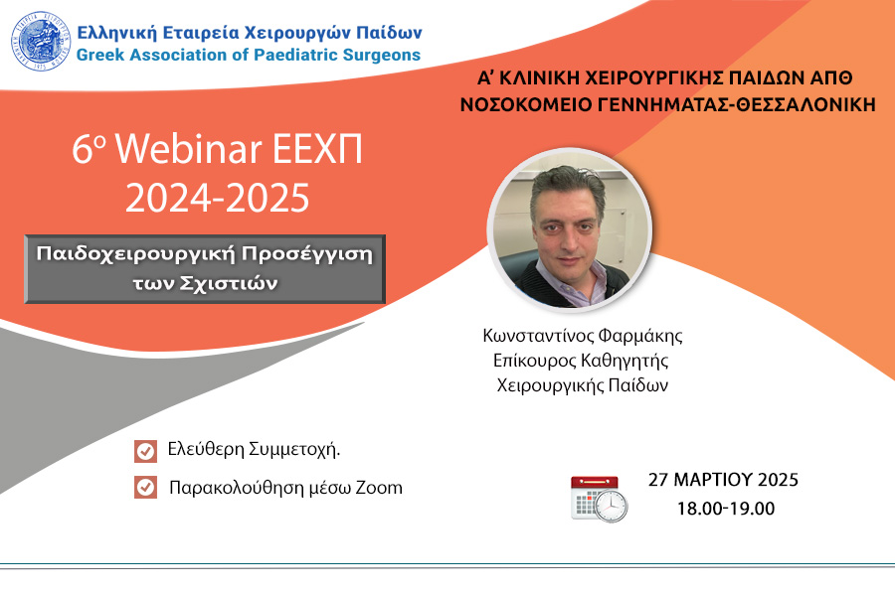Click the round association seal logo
(x=41, y=41)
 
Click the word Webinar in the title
(x=189, y=149)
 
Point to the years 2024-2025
(x=218, y=198)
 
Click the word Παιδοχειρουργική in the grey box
(x=135, y=254)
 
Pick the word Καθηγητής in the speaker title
(x=625, y=361)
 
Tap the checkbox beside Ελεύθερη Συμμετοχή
(x=145, y=451)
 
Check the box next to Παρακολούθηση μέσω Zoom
(x=145, y=488)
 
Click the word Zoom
(x=379, y=488)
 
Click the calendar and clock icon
(x=600, y=499)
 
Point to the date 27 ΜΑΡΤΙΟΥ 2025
(x=723, y=480)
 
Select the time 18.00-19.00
(x=726, y=509)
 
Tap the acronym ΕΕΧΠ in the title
(x=317, y=149)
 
